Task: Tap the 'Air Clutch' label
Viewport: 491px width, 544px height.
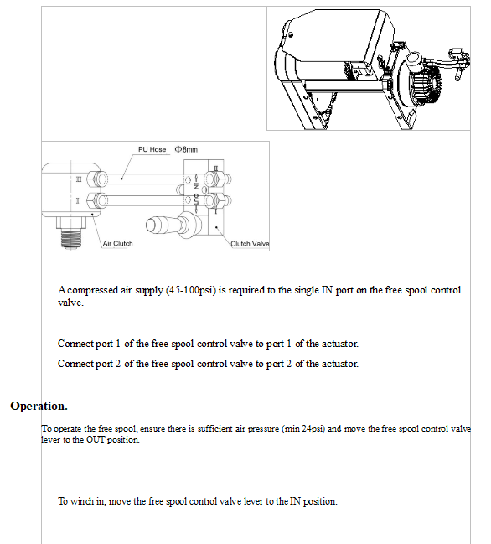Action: [x=117, y=244]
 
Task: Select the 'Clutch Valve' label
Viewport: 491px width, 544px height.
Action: [x=249, y=244]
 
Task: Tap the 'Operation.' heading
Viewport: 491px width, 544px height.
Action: [x=39, y=406]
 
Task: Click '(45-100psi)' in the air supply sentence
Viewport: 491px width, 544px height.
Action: [x=189, y=290]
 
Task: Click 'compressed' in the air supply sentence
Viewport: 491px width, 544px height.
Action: [x=89, y=290]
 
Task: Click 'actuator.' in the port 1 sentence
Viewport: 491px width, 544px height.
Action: [x=337, y=344]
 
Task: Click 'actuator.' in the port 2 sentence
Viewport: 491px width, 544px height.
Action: [x=337, y=364]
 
